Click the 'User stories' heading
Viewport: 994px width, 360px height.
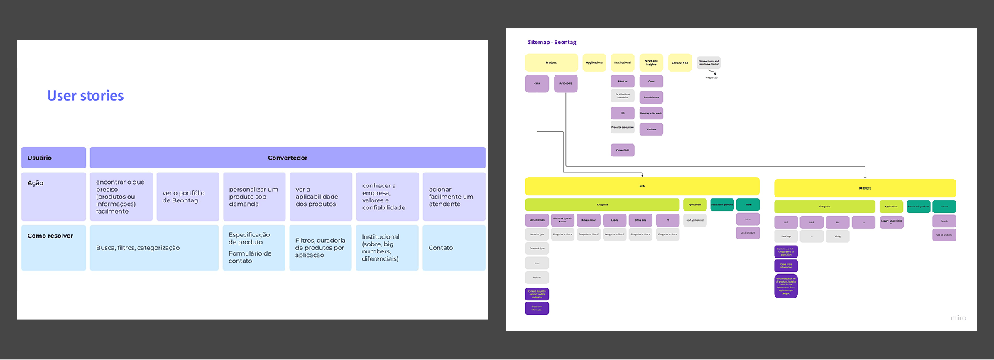pos(85,96)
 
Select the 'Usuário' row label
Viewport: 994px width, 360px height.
pos(53,158)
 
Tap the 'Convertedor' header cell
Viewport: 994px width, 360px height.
pos(288,158)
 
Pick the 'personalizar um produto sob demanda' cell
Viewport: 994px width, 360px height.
pos(254,197)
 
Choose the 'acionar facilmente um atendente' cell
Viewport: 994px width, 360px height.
pos(454,197)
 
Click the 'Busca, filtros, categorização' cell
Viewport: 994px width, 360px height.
pos(154,248)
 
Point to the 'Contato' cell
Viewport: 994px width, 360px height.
pos(454,248)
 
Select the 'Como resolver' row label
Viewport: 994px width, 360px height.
pos(53,236)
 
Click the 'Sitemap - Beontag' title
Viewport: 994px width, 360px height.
pos(553,42)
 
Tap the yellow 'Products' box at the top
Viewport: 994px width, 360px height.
pos(552,62)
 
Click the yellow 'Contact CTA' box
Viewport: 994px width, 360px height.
pos(679,62)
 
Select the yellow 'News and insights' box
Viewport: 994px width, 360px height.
pos(651,62)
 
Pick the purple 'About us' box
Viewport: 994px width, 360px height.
pos(622,82)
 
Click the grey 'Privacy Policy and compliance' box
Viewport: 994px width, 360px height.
pos(709,62)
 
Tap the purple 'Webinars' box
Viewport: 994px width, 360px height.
pos(651,129)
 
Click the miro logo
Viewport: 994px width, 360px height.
pos(958,317)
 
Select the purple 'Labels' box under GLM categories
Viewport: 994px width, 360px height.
pos(615,220)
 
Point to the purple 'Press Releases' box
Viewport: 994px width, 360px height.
pos(651,97)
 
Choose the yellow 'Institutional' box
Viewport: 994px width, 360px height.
pos(622,62)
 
